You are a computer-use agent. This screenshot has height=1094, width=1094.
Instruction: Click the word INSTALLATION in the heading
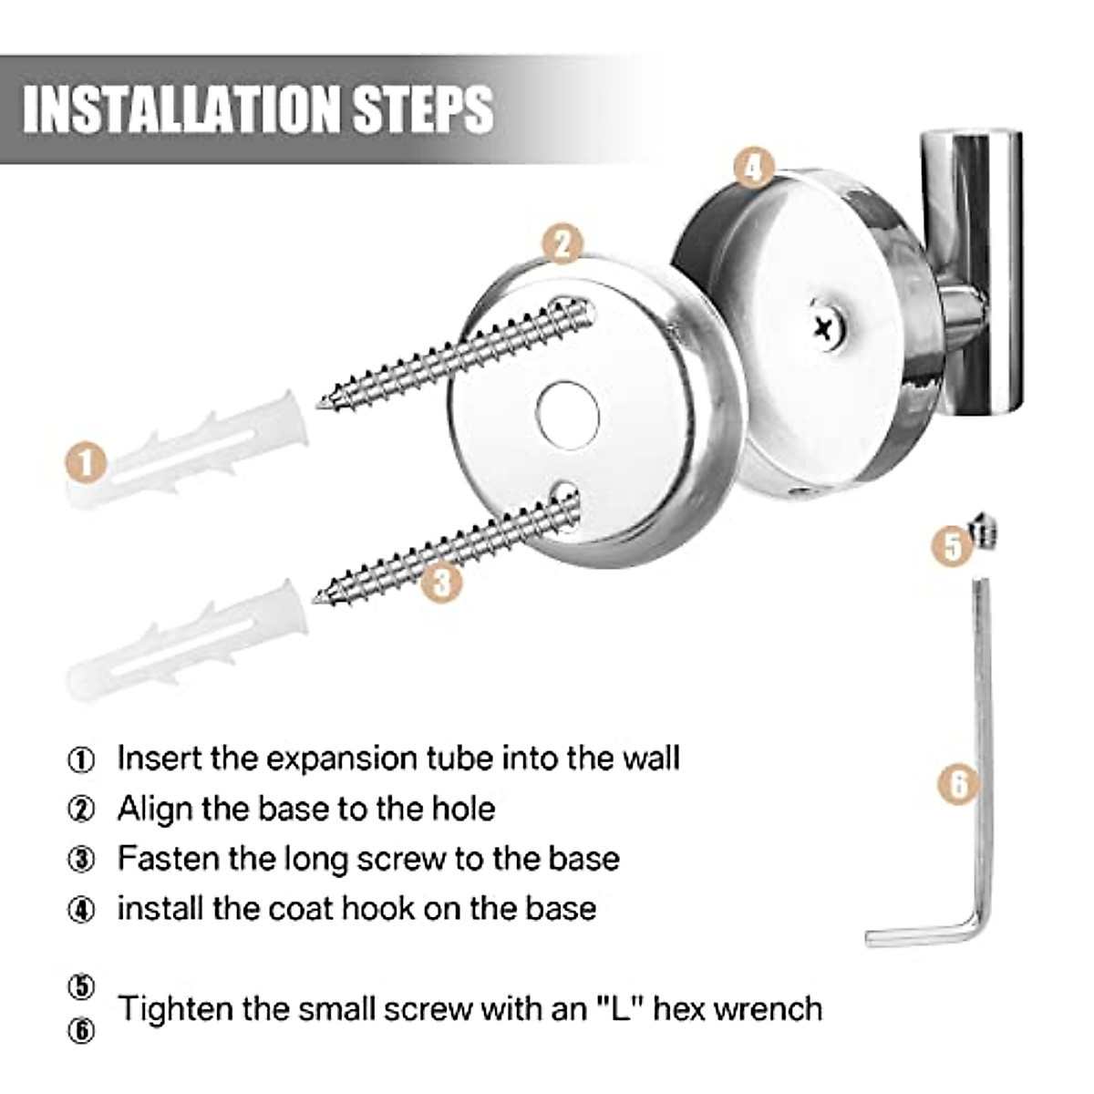point(183,109)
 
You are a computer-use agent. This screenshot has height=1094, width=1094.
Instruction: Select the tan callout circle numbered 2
point(562,244)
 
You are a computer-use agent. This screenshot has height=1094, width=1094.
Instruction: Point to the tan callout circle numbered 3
point(441,583)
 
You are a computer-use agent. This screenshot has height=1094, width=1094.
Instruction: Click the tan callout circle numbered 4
point(753,168)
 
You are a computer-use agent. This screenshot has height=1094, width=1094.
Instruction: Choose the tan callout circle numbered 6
point(958,785)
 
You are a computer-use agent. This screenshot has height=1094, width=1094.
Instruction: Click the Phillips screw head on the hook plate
point(826,327)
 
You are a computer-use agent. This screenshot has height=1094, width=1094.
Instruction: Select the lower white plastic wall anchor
point(188,643)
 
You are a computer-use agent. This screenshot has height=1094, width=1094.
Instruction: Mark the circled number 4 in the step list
point(81,910)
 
